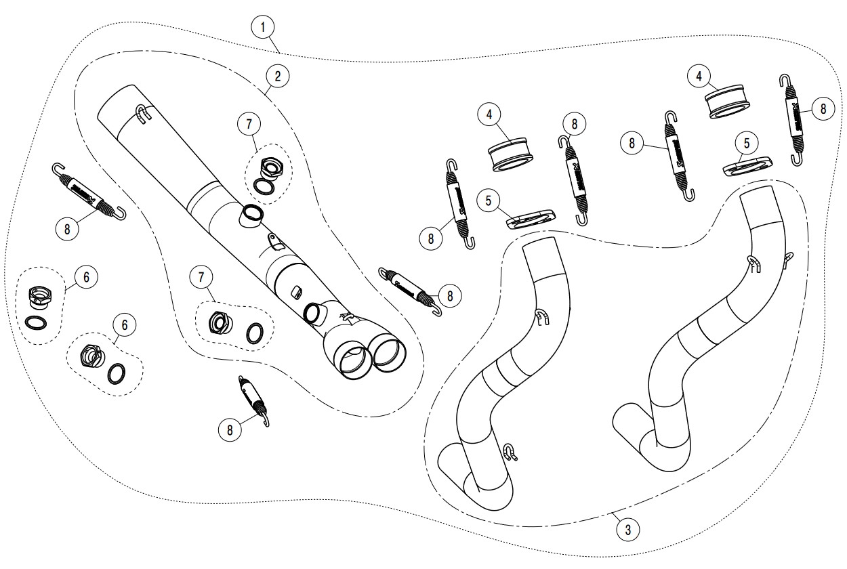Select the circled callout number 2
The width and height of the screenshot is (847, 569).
[277, 77]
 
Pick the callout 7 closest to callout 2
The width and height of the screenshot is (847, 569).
[249, 124]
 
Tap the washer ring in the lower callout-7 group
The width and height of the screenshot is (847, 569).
[255, 333]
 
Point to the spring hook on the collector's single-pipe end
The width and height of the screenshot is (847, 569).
[141, 114]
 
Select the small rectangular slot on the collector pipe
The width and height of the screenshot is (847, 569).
[295, 292]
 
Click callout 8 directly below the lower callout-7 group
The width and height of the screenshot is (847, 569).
[230, 429]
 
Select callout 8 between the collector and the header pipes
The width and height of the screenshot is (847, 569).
[450, 294]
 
